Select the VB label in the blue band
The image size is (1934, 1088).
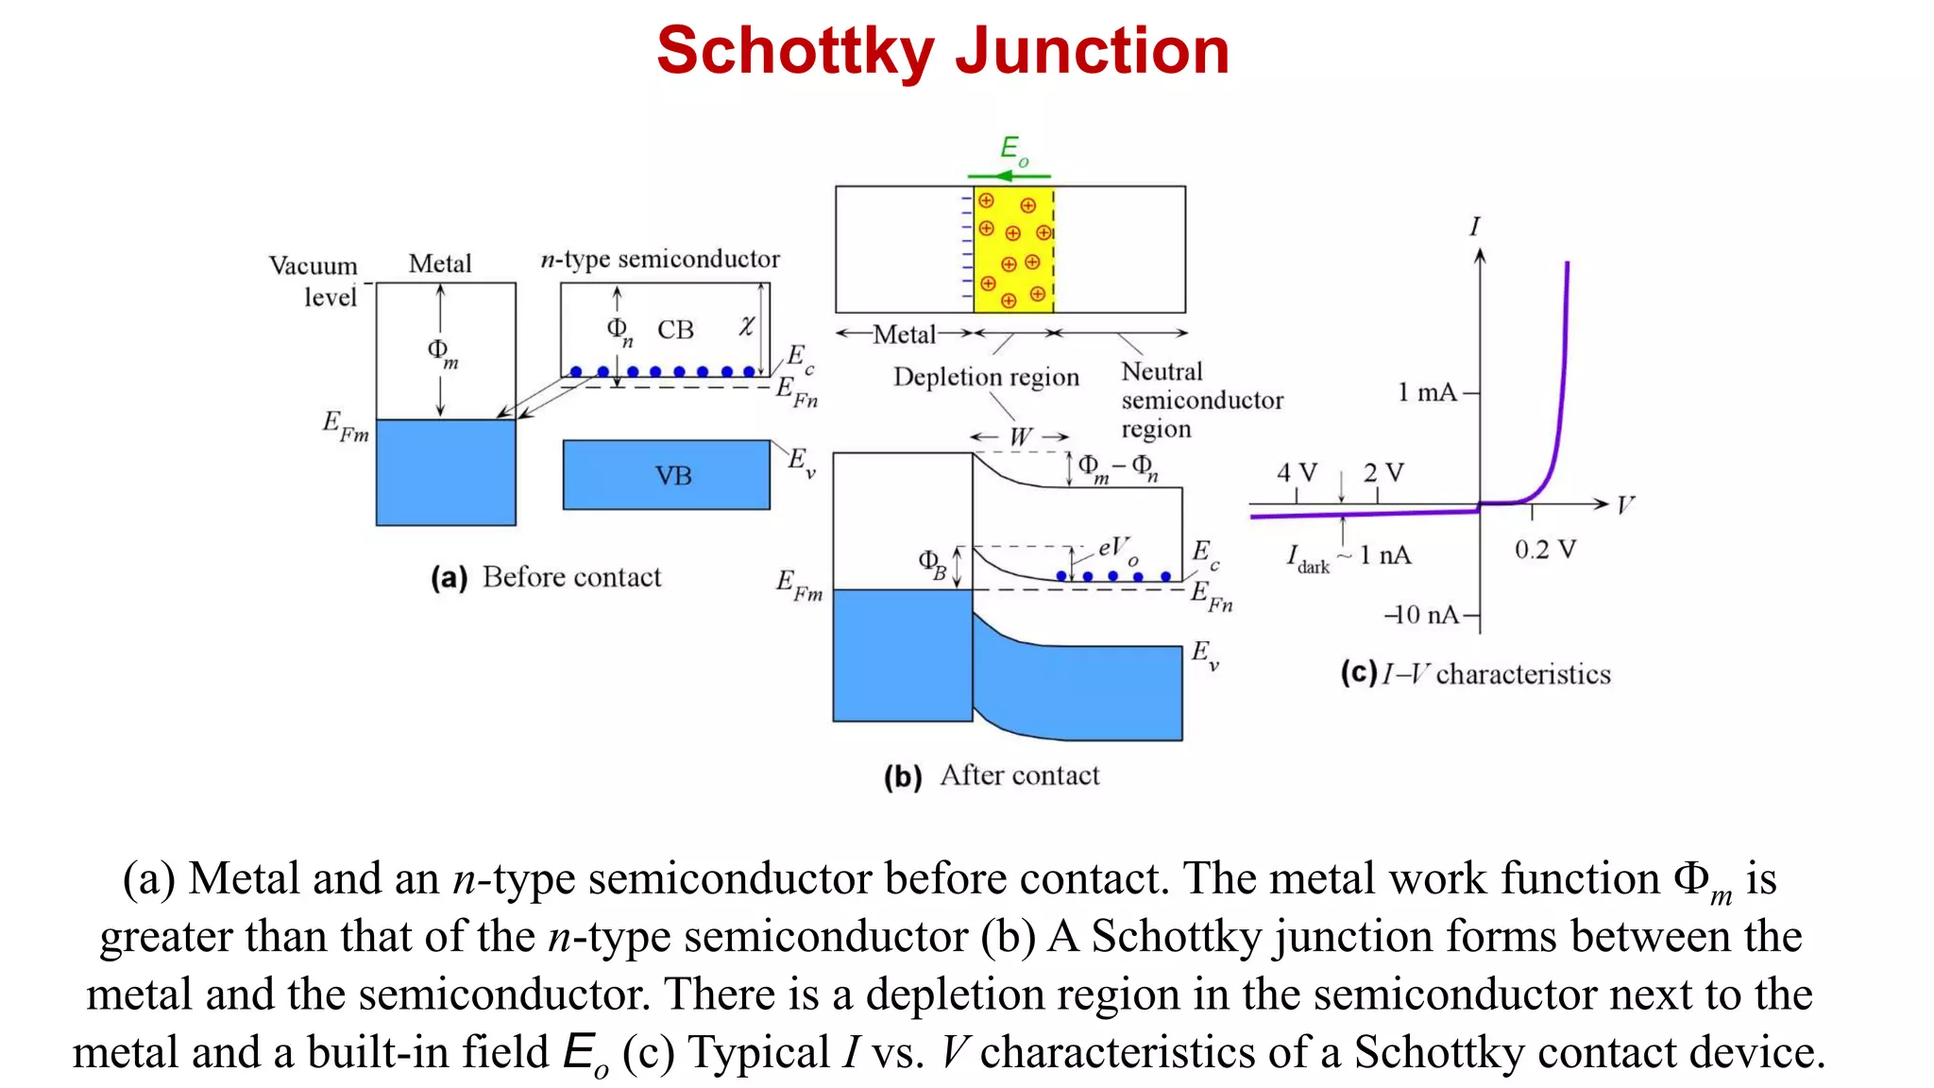click(673, 476)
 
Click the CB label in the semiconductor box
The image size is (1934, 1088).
click(675, 331)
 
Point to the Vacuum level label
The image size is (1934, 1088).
click(315, 280)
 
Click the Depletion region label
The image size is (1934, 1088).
click(986, 377)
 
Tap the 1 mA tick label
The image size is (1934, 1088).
click(1427, 392)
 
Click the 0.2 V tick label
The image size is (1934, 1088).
click(1545, 550)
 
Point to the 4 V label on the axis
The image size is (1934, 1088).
click(1296, 472)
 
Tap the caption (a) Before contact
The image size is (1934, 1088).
click(546, 577)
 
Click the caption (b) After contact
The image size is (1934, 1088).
click(992, 775)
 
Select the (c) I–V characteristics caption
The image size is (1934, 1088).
click(1475, 674)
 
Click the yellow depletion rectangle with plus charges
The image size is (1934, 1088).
click(1013, 249)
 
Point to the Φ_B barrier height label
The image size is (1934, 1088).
click(932, 564)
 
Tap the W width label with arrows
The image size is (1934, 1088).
click(1020, 437)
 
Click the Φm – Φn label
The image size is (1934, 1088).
click(1118, 467)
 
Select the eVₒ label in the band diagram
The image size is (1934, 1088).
click(1116, 549)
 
